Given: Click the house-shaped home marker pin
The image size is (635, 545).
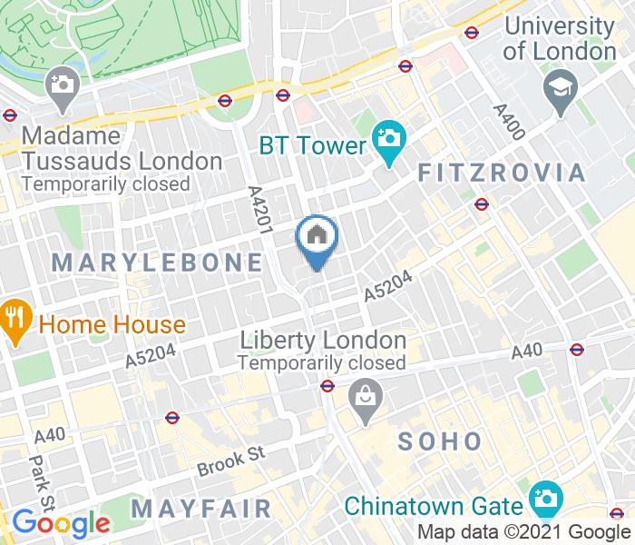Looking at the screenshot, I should (317, 238).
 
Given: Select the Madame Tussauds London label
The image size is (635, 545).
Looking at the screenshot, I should (122, 148).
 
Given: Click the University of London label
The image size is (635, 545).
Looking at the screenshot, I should (559, 38).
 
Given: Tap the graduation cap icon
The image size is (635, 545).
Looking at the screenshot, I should (556, 88).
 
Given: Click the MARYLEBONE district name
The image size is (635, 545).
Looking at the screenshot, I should (158, 263).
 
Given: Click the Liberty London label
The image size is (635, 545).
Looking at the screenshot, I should (322, 341).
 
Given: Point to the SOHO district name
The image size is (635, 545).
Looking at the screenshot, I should (441, 442).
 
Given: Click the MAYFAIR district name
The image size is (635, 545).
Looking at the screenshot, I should (200, 507).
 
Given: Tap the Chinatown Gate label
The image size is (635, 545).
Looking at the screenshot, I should (435, 505).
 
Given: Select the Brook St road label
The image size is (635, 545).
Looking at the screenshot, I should (232, 461).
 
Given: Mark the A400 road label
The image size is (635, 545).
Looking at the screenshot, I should (509, 120).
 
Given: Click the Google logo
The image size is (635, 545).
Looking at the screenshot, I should (61, 524).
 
